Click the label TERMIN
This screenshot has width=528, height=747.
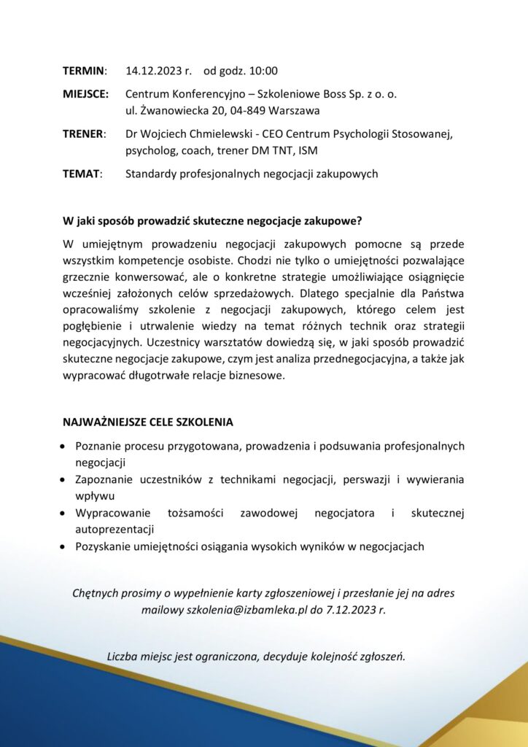click(83, 71)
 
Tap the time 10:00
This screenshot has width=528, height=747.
click(263, 71)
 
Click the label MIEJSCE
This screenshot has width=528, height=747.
click(85, 94)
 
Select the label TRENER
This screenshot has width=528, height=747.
click(84, 134)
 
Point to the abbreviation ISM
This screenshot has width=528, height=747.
click(308, 151)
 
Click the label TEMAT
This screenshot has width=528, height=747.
click(82, 174)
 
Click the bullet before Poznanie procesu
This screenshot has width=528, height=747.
click(67, 446)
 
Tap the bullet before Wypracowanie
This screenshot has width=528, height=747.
click(67, 514)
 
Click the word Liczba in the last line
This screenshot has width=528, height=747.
click(123, 655)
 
